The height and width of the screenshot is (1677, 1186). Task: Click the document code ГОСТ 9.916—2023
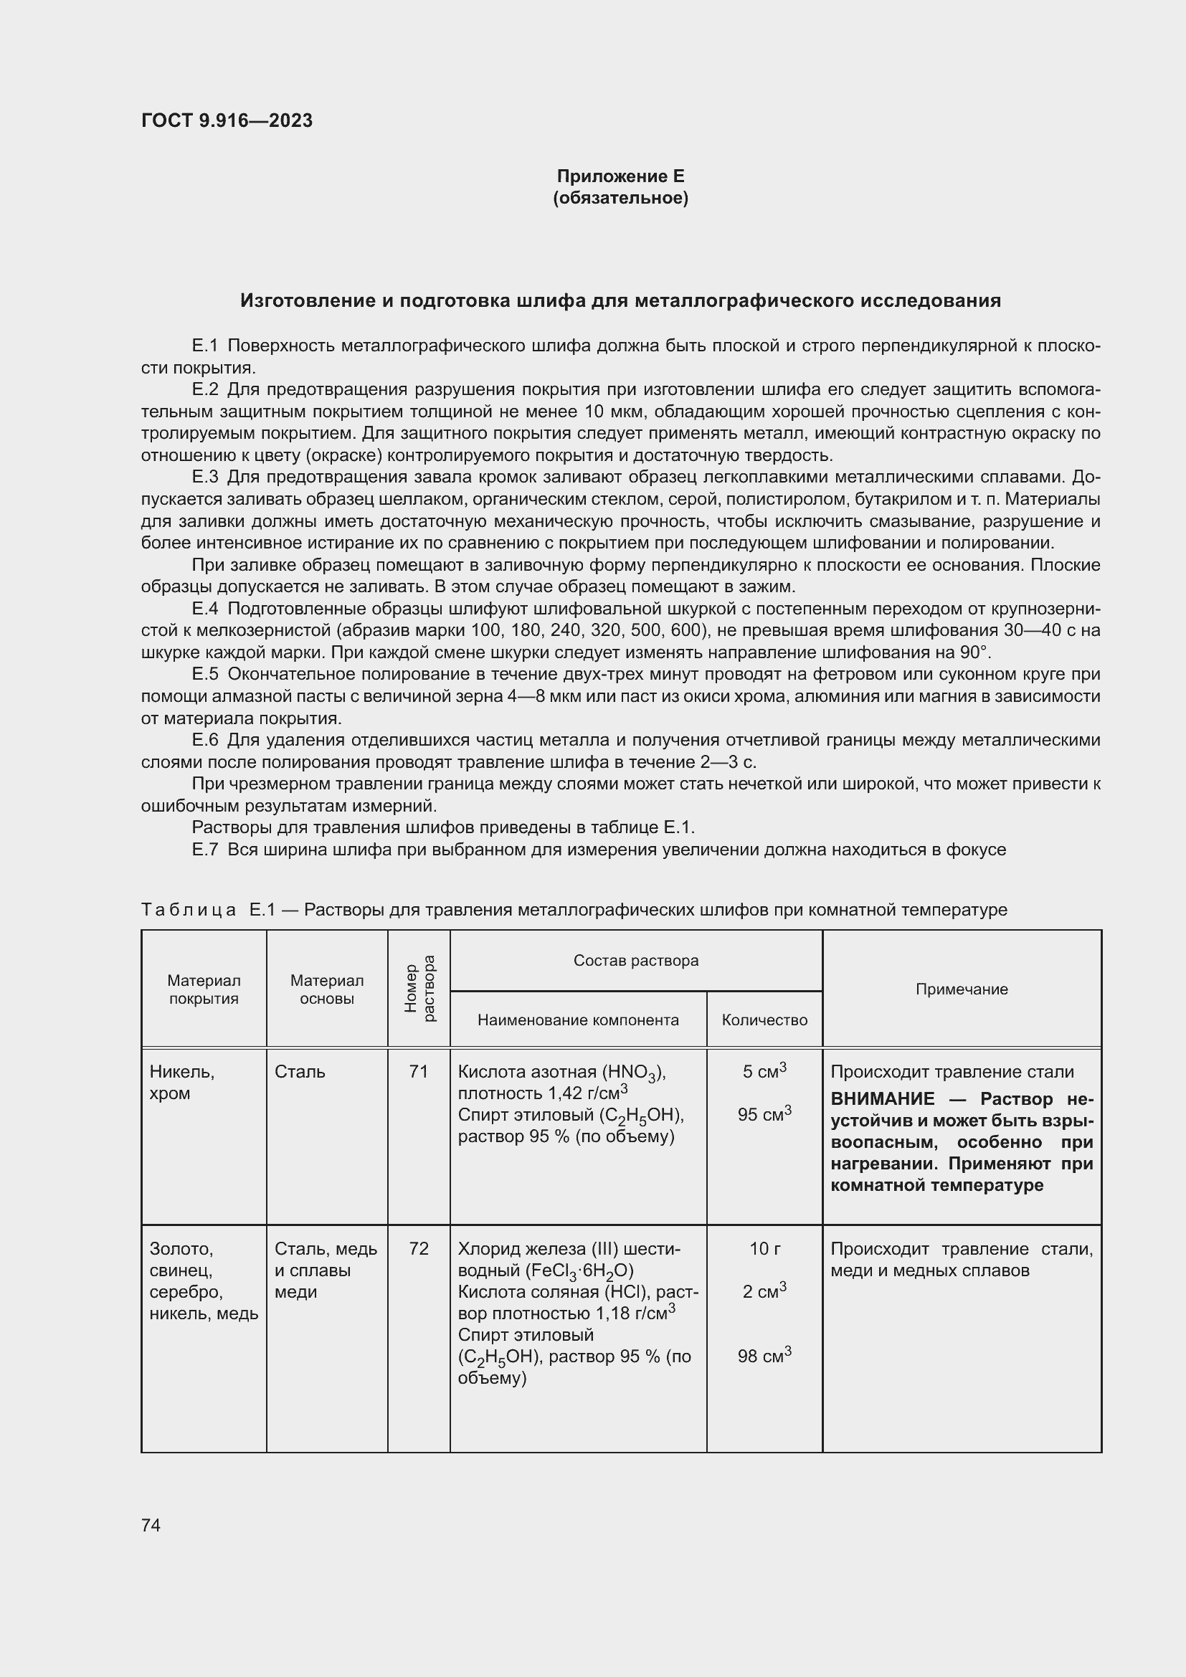coord(227,120)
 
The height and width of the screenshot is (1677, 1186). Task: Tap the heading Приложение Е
coord(620,176)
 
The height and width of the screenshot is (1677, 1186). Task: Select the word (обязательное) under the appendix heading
coord(620,198)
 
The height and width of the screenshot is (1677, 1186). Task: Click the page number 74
coord(151,1525)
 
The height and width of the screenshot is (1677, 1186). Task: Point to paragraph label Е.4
coord(205,609)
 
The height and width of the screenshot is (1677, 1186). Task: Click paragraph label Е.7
coord(205,850)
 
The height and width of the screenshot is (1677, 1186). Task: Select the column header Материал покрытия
coord(204,989)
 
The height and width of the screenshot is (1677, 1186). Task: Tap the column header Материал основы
coord(326,989)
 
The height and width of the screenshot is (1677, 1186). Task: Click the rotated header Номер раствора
coord(419,988)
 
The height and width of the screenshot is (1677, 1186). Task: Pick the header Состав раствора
coord(635,961)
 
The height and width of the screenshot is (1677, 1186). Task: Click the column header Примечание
coord(961,989)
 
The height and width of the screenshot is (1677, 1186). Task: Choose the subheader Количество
coord(764,1020)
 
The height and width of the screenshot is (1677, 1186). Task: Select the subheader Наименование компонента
coord(578,1020)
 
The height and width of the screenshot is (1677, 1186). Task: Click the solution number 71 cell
coord(419,1071)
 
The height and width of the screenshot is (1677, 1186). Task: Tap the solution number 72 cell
coord(419,1248)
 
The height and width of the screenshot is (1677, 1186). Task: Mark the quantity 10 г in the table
coord(764,1248)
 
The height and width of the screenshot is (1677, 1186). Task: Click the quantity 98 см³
coord(764,1357)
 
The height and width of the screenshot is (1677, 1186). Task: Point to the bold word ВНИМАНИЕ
coord(882,1099)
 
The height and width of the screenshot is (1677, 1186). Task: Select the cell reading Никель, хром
coord(182,1082)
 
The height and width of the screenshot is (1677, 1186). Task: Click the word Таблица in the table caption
coord(189,910)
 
